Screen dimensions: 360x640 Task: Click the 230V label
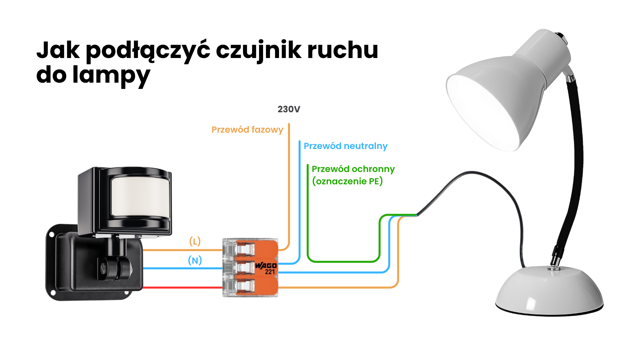point(289,109)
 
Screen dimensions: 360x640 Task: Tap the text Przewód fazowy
point(247,130)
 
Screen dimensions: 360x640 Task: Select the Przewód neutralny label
point(345,146)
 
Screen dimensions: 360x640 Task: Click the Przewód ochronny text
point(353,169)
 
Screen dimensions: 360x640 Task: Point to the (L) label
point(195,241)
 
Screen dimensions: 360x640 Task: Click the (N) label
point(195,260)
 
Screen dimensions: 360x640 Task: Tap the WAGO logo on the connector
point(266,266)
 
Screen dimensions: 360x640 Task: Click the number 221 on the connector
point(270,272)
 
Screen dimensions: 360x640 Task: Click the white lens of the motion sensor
point(140,197)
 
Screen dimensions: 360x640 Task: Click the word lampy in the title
point(111,75)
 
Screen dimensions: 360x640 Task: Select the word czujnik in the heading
point(259,50)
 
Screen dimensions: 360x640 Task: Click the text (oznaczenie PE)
point(347,181)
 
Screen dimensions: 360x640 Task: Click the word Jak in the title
point(58,50)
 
